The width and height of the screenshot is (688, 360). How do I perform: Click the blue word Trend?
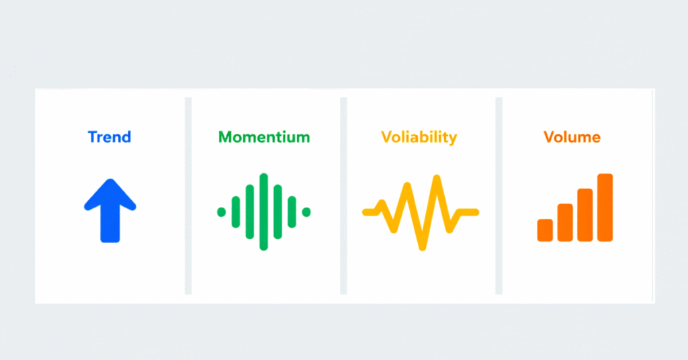pos(109,138)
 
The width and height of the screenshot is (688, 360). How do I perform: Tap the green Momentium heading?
pos(264,138)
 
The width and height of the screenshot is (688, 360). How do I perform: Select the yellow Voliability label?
pos(419,138)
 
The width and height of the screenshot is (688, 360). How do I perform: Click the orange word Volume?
pos(572,138)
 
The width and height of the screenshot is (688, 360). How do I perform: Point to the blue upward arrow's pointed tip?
pos(110,181)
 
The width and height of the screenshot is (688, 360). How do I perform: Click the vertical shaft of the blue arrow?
pos(110,225)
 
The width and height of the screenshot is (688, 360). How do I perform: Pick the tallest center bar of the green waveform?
pos(264,212)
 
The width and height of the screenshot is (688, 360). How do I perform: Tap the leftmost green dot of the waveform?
pos(222,212)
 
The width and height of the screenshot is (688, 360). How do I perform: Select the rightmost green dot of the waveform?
pos(306,212)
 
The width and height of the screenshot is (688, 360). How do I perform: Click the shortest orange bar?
pos(545,230)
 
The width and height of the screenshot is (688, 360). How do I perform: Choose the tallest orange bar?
pos(605,207)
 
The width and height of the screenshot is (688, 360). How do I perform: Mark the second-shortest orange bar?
pos(565,222)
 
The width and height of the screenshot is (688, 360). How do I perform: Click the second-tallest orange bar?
pos(585,215)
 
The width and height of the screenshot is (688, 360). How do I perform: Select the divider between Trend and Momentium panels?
pos(188,195)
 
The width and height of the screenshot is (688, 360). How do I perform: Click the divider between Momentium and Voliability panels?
pos(343,195)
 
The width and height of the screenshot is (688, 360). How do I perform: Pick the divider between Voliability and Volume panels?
pos(499,195)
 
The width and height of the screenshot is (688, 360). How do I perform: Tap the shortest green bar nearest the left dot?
pos(236,212)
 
